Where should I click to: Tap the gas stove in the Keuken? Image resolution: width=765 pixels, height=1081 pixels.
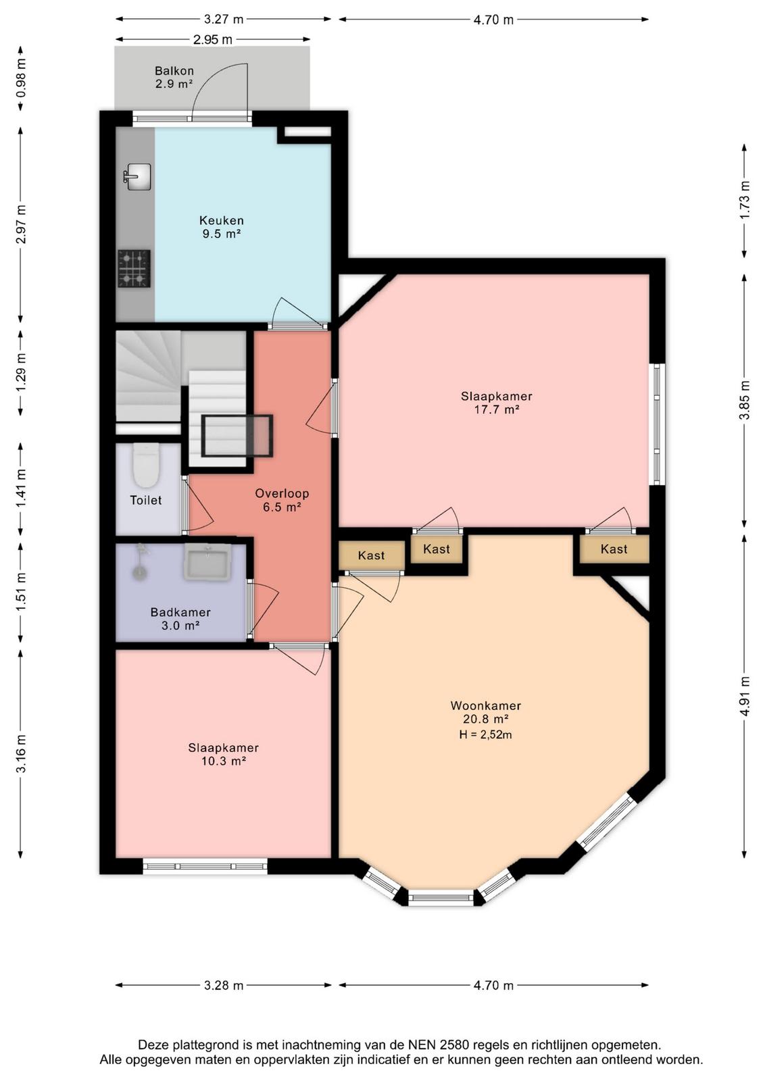tap(134, 269)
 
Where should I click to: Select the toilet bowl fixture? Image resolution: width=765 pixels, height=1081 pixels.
tap(146, 466)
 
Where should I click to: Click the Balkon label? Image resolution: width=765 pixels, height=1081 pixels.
tap(174, 71)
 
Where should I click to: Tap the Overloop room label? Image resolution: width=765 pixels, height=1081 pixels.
tap(282, 494)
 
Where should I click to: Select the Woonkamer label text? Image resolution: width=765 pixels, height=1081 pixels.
tap(485, 705)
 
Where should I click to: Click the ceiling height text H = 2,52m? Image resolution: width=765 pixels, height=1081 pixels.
tap(485, 734)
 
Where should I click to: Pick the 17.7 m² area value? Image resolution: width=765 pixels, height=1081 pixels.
tap(496, 409)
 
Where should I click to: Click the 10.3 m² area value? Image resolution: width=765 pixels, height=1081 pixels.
tap(224, 761)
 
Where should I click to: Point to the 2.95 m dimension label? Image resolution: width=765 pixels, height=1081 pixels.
tap(213, 40)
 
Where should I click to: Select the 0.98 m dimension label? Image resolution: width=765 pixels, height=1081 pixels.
tap(21, 79)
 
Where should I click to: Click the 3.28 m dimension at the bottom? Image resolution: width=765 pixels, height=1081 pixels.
tap(224, 985)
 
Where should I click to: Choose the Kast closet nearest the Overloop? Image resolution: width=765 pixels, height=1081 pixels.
tap(371, 555)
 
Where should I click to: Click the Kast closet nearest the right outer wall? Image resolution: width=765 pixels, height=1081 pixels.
tap(614, 549)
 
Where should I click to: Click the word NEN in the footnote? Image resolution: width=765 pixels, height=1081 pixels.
tap(423, 1045)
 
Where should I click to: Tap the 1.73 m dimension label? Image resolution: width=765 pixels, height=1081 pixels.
tap(745, 200)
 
